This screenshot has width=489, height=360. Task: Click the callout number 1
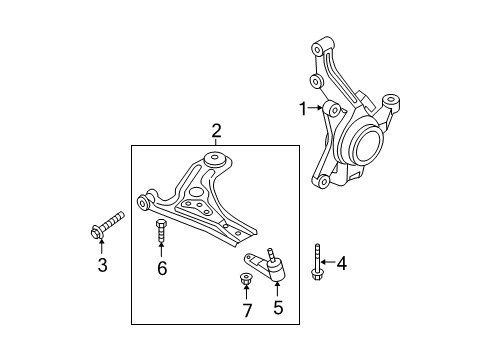[x=297, y=107]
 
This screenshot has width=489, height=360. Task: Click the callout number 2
[x=215, y=131]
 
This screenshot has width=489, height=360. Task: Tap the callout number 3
[x=102, y=264]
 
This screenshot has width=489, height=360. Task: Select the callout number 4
[x=341, y=264]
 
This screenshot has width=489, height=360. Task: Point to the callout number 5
[x=278, y=308]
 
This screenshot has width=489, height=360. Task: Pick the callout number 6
[x=161, y=267]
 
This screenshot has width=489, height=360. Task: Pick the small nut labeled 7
[x=246, y=278]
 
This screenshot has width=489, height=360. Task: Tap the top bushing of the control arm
[x=212, y=160]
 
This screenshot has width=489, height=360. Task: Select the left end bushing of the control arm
[x=145, y=204]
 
